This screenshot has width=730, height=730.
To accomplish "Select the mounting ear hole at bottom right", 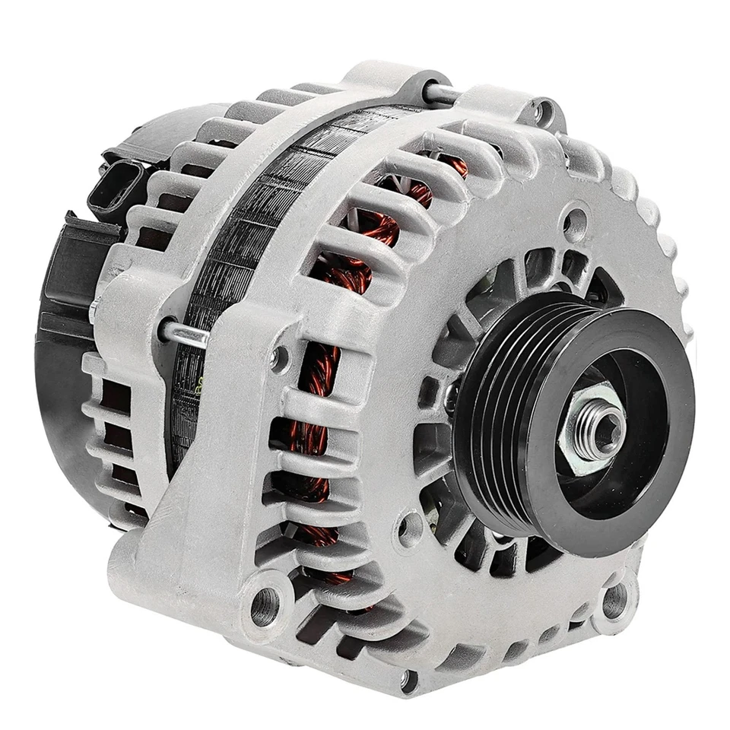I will tap(614, 598).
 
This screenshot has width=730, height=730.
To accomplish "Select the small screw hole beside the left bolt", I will tap(279, 357).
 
